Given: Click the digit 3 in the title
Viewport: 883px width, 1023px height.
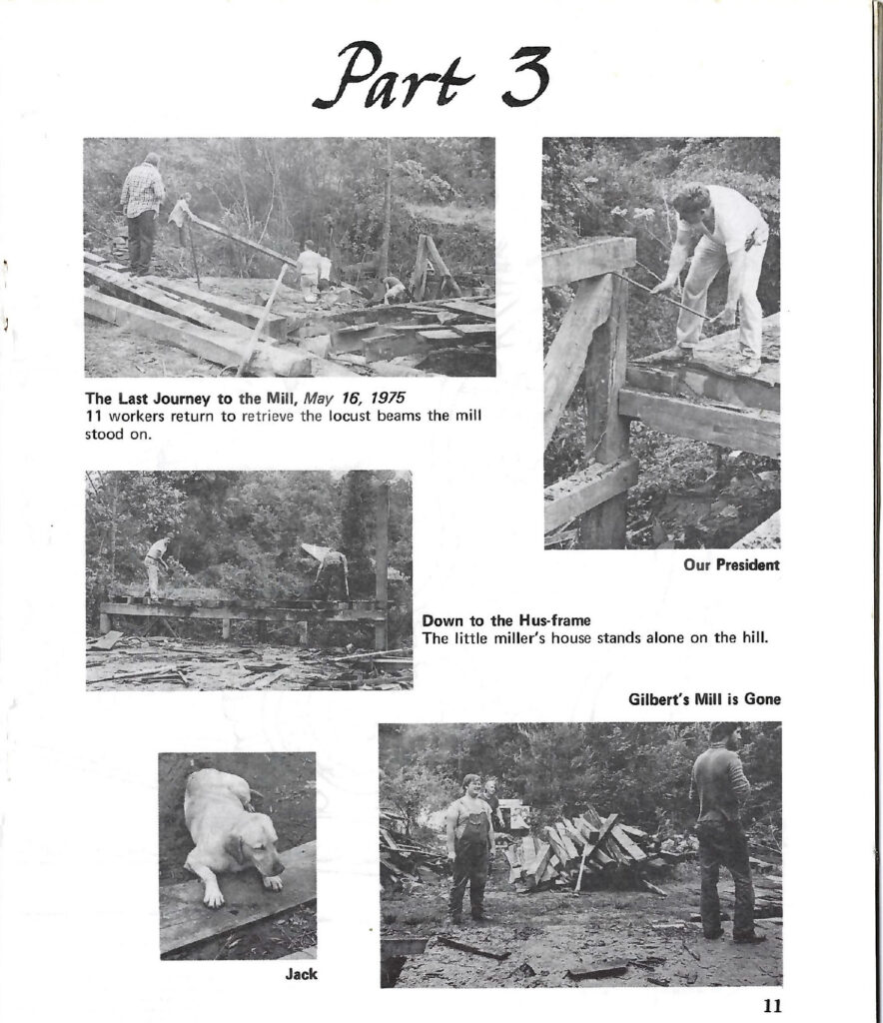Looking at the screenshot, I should pos(525,76).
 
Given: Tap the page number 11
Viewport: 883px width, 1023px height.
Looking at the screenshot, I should pos(772,1006).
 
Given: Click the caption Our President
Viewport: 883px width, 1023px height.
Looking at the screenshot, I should pos(732,565).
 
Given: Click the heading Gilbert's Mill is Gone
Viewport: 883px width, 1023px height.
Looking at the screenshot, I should pos(704,699).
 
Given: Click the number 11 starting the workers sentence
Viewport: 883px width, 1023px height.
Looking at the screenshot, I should pos(92,417).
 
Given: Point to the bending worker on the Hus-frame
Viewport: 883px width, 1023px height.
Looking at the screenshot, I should pos(328,561).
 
